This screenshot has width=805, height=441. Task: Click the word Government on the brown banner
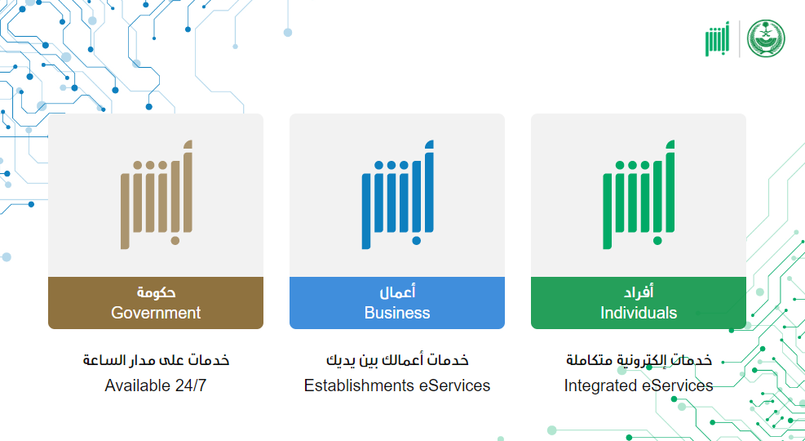(156, 313)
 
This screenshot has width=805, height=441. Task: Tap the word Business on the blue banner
(397, 313)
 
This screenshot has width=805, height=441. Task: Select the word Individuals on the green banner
(639, 313)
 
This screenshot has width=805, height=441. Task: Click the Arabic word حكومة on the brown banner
(156, 292)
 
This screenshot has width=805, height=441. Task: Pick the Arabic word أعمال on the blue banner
(397, 292)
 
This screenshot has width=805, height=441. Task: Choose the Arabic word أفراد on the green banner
(639, 292)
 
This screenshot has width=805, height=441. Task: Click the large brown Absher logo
(157, 194)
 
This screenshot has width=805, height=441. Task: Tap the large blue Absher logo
(398, 194)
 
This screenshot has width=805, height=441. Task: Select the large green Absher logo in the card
(639, 194)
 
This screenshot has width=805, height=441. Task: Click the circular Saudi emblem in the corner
(766, 38)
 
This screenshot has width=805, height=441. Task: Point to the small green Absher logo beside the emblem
(717, 39)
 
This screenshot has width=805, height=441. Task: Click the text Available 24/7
(156, 385)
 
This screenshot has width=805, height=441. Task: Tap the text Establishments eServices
(397, 385)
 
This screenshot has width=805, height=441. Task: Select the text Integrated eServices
(639, 385)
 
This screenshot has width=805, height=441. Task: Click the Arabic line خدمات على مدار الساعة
(156, 360)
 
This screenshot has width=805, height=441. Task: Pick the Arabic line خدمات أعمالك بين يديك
(397, 360)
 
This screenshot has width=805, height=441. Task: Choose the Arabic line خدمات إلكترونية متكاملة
(639, 360)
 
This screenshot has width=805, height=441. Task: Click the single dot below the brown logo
(175, 241)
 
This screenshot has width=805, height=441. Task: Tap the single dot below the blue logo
(416, 241)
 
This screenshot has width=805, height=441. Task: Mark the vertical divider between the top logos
(739, 38)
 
